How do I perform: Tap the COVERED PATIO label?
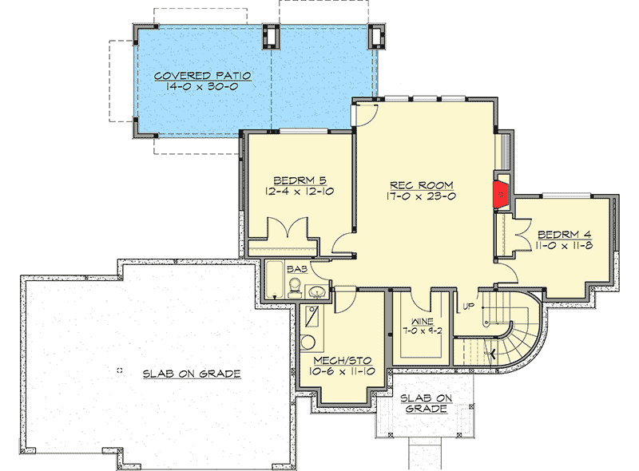pos(203,76)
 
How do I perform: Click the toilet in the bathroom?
pos(295,286)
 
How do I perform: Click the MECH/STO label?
pos(330,360)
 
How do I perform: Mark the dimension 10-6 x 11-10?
pos(330,371)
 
